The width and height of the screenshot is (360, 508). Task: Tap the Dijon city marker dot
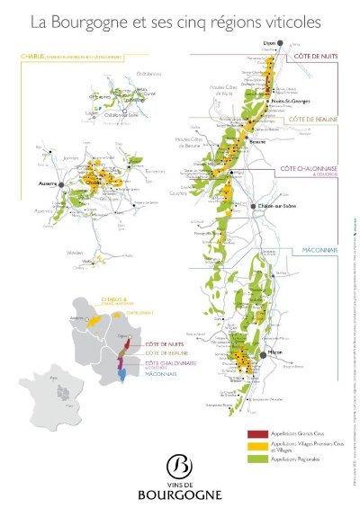280,42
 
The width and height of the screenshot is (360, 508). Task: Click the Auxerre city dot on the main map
63,181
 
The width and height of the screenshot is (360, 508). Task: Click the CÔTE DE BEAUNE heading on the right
310,118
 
